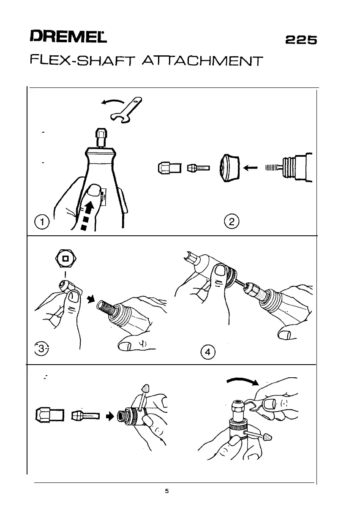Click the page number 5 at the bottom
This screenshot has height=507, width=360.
[x=167, y=491]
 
